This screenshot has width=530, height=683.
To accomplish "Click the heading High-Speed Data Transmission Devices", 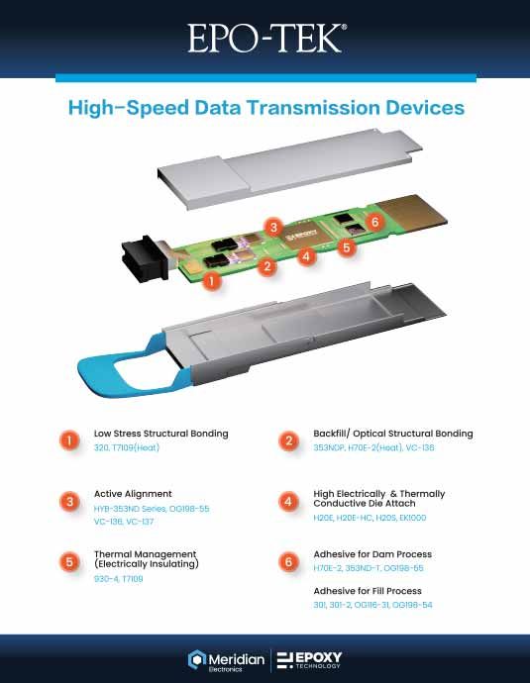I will coord(265,107).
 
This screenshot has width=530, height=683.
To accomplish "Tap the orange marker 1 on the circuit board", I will coord(210,281).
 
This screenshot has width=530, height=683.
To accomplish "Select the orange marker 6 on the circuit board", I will coord(374,222).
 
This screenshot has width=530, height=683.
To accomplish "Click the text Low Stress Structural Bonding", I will coord(160,434).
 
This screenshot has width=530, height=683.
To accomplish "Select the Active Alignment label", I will coord(133,493).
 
